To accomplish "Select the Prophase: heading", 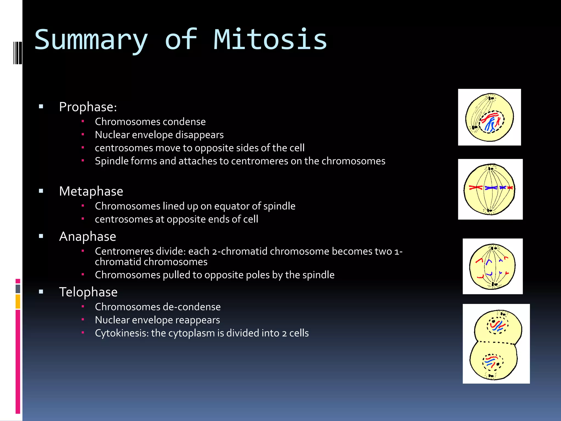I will [x=88, y=107].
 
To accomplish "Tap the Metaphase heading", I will [x=91, y=191].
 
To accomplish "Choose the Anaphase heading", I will [x=87, y=236].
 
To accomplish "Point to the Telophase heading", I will [x=88, y=292].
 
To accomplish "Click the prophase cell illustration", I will [x=489, y=117].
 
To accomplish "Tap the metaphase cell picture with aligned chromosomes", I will [x=490, y=189].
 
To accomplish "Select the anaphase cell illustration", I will [x=492, y=266].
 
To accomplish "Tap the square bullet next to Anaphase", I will [x=41, y=236].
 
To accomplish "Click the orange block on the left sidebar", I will [x=18, y=301].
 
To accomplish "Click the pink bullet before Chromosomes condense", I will [x=83, y=121].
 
